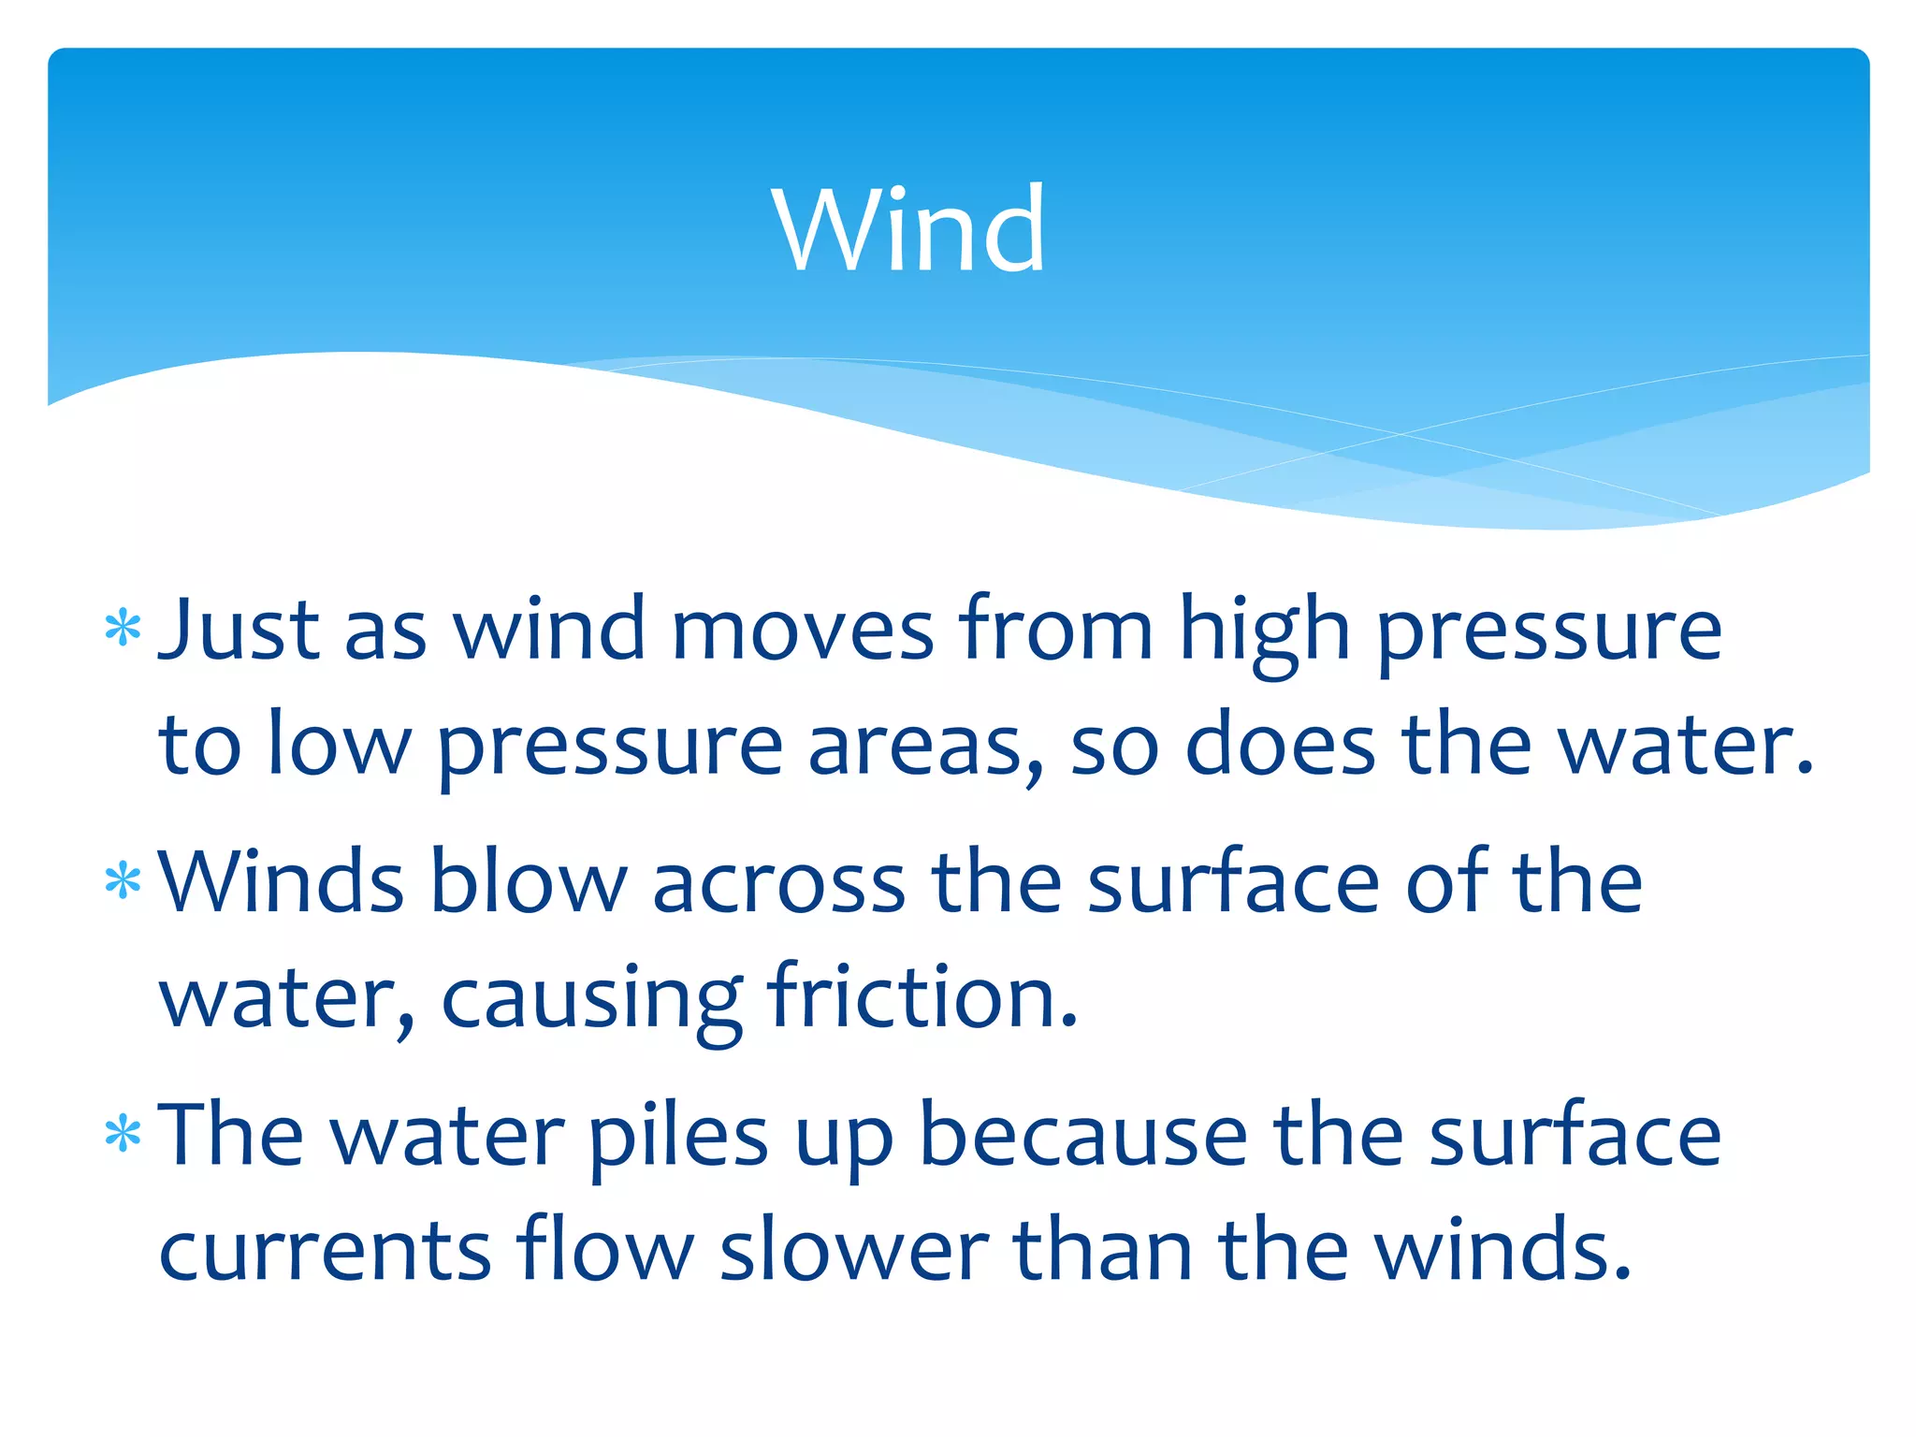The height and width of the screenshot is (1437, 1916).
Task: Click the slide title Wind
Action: (908, 229)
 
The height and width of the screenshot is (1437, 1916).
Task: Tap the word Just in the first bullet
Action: (239, 629)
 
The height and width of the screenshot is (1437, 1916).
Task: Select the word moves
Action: (803, 629)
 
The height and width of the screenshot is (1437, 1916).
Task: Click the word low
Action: (338, 745)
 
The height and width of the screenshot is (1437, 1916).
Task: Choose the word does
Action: (1280, 745)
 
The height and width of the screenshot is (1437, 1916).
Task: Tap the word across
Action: (778, 883)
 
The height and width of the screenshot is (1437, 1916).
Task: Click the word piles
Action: (678, 1137)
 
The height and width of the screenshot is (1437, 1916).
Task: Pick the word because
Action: (1083, 1135)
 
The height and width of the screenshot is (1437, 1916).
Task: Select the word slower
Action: (853, 1250)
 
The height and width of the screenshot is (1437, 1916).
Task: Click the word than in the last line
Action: (1103, 1250)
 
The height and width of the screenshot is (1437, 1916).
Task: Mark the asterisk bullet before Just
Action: (123, 629)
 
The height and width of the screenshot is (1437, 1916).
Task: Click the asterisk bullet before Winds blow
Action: (123, 881)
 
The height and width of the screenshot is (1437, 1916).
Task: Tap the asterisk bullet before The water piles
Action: (123, 1134)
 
